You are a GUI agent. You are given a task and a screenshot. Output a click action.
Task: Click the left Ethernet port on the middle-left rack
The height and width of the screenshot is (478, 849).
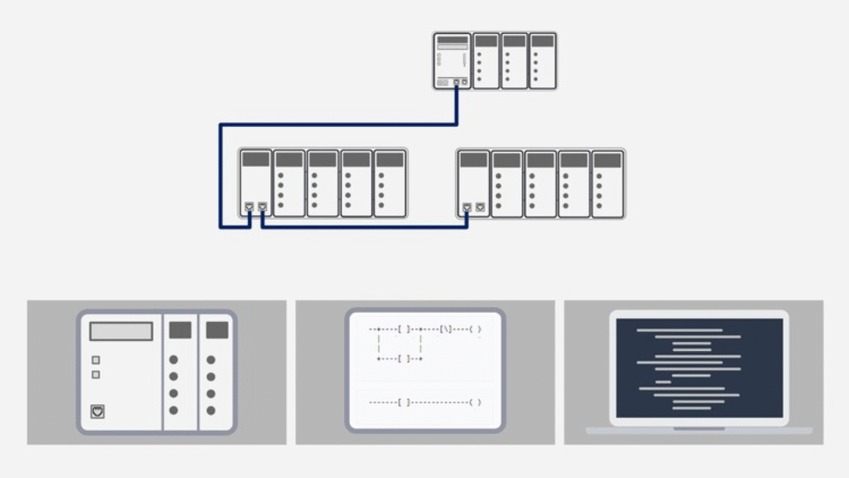(249, 207)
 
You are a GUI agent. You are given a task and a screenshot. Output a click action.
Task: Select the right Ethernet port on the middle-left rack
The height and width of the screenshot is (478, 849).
(262, 207)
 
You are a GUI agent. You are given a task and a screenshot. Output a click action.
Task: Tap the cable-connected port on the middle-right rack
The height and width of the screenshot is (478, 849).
(467, 207)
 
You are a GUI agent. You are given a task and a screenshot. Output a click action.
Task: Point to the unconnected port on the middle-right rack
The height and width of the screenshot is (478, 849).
(480, 207)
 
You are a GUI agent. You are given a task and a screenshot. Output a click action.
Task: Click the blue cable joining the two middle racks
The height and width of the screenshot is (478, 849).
(365, 227)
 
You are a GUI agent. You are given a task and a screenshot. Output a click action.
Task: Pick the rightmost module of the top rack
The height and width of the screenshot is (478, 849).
(542, 61)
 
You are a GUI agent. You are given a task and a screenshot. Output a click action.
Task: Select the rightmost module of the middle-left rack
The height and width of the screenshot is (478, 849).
(390, 183)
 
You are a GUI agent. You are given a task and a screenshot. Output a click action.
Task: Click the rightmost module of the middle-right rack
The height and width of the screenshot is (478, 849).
(608, 183)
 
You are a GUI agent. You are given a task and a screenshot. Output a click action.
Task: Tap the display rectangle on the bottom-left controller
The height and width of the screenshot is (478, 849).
(121, 332)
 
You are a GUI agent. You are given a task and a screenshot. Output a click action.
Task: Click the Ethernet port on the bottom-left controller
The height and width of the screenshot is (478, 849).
(97, 411)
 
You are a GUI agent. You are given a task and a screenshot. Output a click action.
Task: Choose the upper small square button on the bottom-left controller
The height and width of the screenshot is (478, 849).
(96, 360)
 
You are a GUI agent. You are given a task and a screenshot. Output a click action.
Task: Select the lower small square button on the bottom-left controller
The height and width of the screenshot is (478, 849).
(96, 375)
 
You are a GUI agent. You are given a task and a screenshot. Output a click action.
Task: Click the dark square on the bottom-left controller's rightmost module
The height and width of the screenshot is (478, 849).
(217, 330)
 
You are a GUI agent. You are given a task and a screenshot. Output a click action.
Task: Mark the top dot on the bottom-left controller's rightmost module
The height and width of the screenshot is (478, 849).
(211, 360)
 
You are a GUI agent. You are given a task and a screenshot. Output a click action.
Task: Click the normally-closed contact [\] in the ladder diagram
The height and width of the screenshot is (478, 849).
(446, 329)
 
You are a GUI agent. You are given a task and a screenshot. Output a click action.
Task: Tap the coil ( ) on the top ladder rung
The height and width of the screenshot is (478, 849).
(475, 329)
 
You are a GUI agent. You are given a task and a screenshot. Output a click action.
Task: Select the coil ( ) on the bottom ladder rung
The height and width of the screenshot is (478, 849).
(475, 402)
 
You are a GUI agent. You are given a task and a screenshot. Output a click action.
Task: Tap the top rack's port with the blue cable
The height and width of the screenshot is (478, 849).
(456, 82)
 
